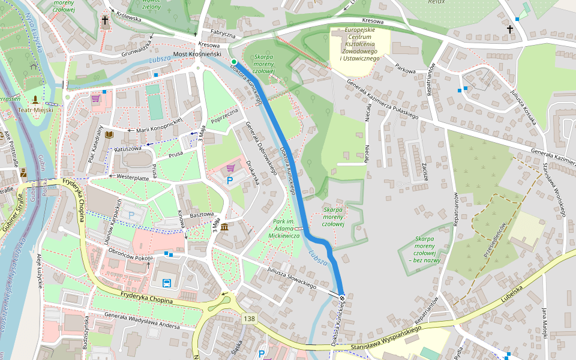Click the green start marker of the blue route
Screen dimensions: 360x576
(233, 61)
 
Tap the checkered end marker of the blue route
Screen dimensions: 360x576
(342, 298)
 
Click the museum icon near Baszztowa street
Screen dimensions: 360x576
(224, 227)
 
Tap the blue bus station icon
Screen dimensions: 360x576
(166, 283)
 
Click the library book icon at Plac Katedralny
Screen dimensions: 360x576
(109, 134)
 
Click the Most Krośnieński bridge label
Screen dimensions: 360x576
(197, 54)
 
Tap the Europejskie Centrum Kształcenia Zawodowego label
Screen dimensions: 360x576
(360, 44)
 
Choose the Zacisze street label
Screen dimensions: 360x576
(424, 172)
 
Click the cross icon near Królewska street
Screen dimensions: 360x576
(105, 21)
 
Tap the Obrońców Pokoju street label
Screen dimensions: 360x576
(131, 254)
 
